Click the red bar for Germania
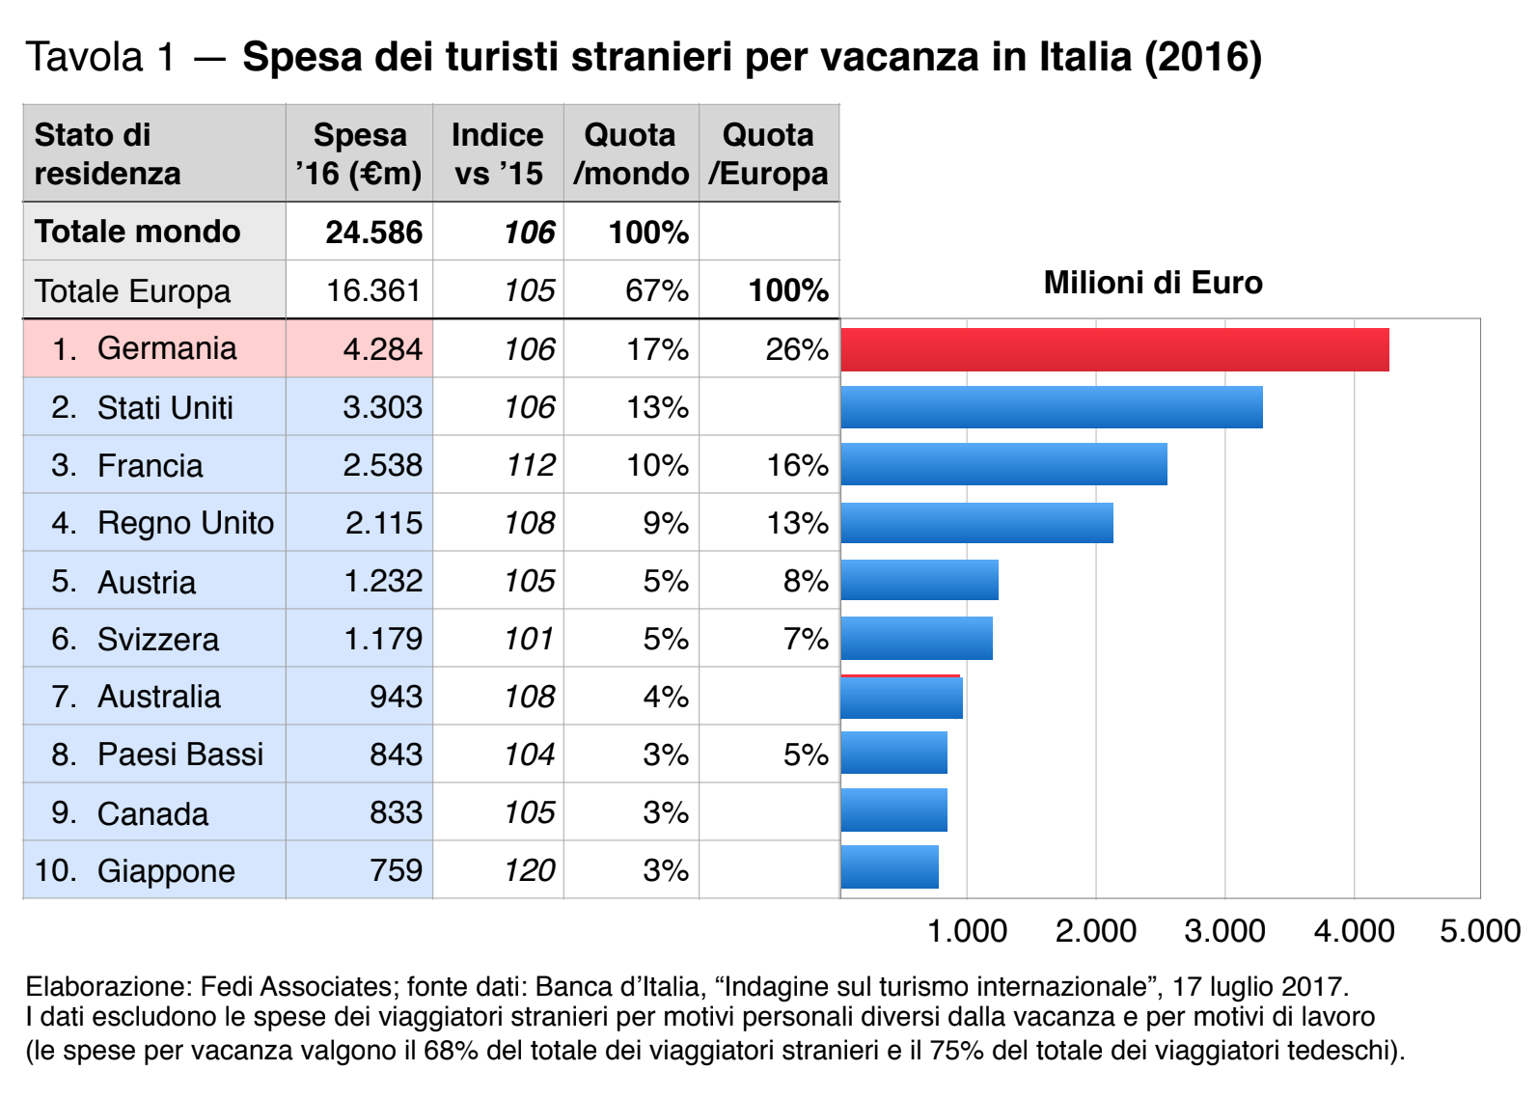[1114, 349]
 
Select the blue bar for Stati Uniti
[1052, 407]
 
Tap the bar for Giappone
[890, 867]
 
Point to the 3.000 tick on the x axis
[1224, 931]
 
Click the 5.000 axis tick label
[1480, 931]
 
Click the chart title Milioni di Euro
[1153, 283]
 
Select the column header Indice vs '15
[498, 154]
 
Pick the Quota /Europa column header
[768, 154]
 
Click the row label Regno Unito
[185, 523]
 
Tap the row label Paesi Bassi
[179, 755]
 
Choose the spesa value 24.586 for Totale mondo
[373, 233]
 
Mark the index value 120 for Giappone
[529, 870]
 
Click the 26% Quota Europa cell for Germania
[797, 349]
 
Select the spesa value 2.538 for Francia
[382, 465]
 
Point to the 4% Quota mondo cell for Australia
[665, 697]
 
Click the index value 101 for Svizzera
[529, 639]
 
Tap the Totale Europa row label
[132, 291]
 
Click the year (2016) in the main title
[1202, 57]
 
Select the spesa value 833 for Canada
[396, 812]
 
